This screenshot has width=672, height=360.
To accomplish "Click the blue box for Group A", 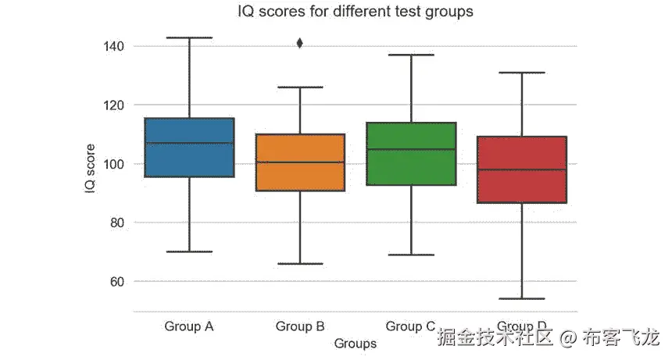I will tap(189, 148).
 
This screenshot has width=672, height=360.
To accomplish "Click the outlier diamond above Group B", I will tap(300, 43).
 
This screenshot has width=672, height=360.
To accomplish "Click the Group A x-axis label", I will tap(189, 326).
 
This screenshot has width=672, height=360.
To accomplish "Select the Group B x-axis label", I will tap(300, 326).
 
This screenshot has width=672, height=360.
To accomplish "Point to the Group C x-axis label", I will tap(410, 326).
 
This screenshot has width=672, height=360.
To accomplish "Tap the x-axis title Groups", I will tap(355, 344).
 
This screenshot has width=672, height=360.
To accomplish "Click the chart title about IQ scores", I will tap(355, 12).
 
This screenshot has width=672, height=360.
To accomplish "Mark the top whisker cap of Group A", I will tap(189, 37).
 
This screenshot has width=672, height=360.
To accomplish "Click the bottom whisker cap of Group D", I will tap(521, 298).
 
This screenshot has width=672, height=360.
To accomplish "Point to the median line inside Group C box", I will tap(411, 149).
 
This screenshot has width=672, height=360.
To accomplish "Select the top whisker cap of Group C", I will tap(411, 55).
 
